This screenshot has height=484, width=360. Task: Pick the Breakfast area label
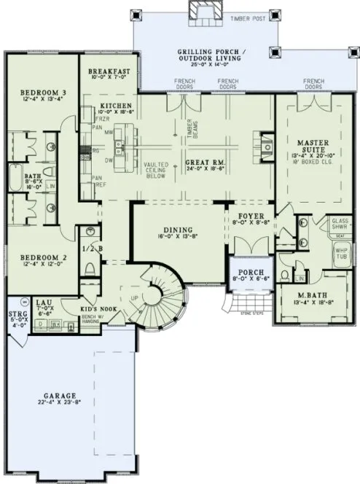click(x=109, y=71)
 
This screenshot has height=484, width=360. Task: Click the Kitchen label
click(x=117, y=106)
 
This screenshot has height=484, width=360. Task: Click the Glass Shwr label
click(x=340, y=223)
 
